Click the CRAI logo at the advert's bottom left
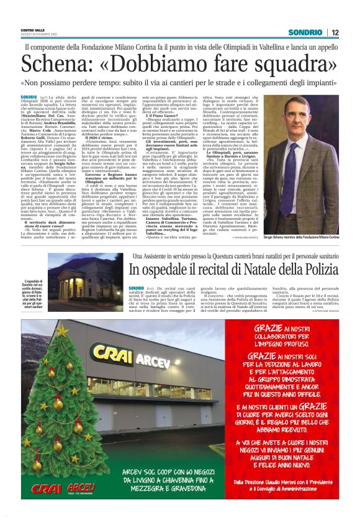(47, 488)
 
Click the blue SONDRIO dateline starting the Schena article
(29, 98)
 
